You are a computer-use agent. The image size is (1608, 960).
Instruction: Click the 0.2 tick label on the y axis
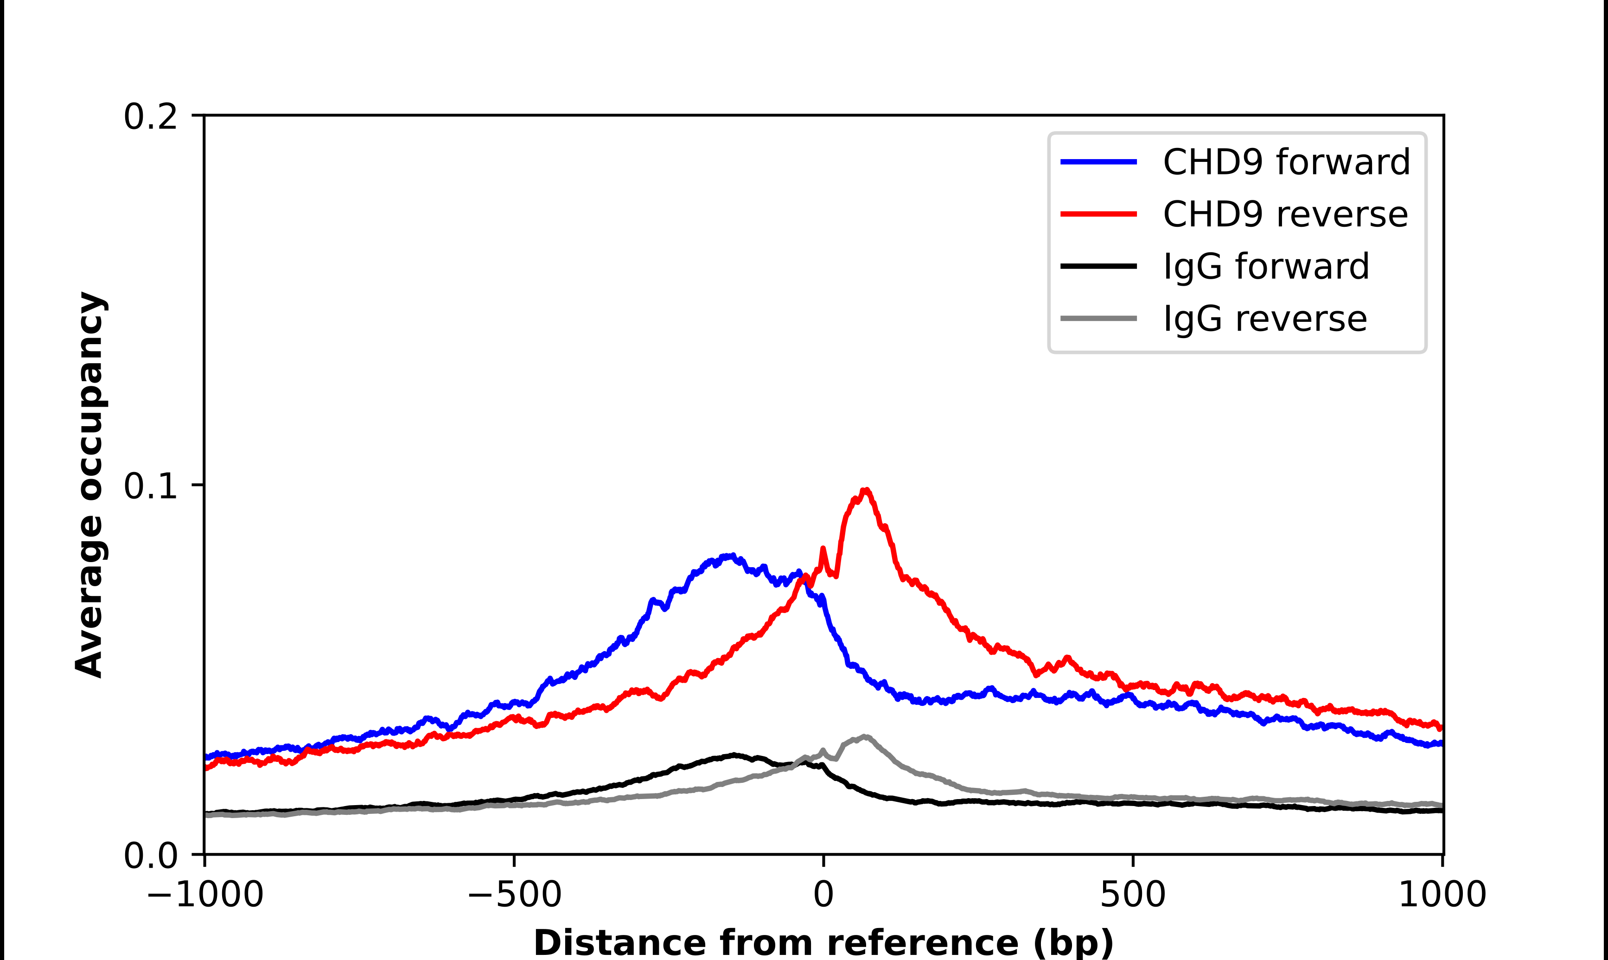pyautogui.click(x=150, y=117)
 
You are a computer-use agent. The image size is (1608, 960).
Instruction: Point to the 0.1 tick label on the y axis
pyautogui.click(x=150, y=486)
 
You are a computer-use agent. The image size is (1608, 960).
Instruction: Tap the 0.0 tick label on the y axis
pyautogui.click(x=150, y=856)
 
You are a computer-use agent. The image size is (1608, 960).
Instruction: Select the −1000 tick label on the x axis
pyautogui.click(x=205, y=895)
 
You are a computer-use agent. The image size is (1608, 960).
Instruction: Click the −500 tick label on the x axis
pyautogui.click(x=514, y=895)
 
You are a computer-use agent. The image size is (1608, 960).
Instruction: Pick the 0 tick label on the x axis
pyautogui.click(x=823, y=895)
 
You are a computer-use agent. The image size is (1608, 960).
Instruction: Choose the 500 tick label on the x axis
pyautogui.click(x=1133, y=895)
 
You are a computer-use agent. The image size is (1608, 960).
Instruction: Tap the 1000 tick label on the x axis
pyautogui.click(x=1442, y=895)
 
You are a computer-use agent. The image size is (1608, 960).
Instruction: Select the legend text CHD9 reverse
pyautogui.click(x=1285, y=214)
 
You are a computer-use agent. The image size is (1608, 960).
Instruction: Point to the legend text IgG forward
pyautogui.click(x=1266, y=267)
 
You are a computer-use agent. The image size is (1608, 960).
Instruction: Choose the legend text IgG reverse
pyautogui.click(x=1265, y=319)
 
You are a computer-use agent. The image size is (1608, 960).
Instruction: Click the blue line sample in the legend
pyautogui.click(x=1098, y=162)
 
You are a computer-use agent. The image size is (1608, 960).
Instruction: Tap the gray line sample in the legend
pyautogui.click(x=1098, y=318)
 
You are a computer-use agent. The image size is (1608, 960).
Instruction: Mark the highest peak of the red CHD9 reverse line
pyautogui.click(x=865, y=490)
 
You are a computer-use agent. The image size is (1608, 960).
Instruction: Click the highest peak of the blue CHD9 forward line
pyautogui.click(x=729, y=556)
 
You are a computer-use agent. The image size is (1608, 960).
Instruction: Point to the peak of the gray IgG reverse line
pyautogui.click(x=864, y=737)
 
